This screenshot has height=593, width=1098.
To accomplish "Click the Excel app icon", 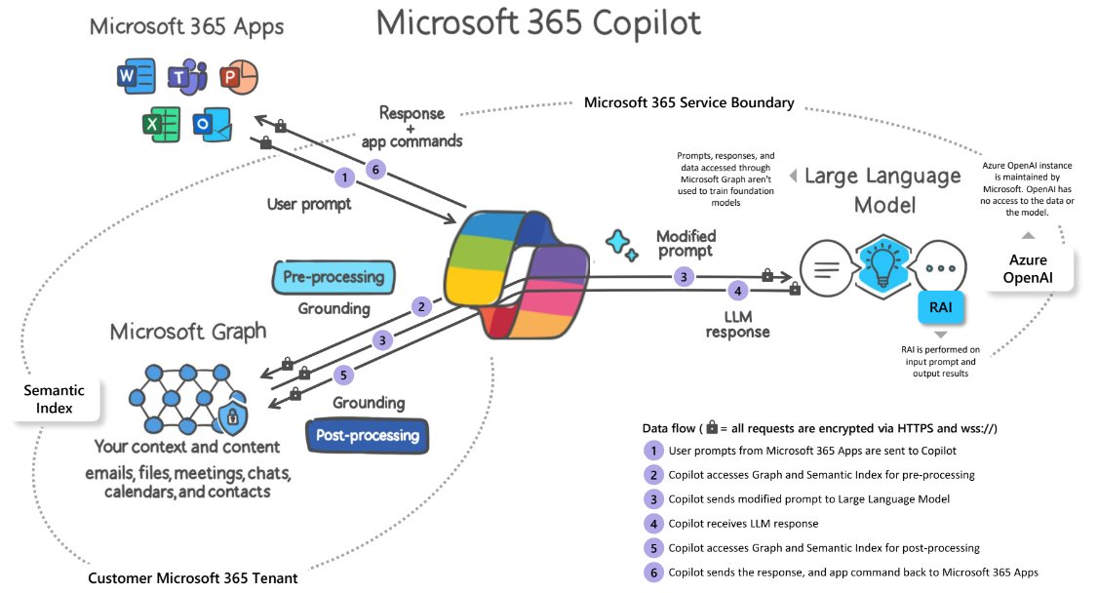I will point(159,124).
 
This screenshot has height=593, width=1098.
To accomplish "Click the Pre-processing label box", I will point(333,277).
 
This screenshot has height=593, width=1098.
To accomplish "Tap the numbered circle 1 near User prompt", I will point(342,178).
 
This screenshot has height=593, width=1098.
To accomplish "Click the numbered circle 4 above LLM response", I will point(738,291).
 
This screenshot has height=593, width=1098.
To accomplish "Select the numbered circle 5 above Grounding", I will point(343,373).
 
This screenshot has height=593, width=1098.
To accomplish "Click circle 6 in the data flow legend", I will point(651,572).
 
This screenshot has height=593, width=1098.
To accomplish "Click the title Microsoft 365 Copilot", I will point(539,22).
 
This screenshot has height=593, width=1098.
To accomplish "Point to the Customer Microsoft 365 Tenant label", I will point(192,577).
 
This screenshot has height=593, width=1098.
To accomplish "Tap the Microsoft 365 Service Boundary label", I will point(688,102).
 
